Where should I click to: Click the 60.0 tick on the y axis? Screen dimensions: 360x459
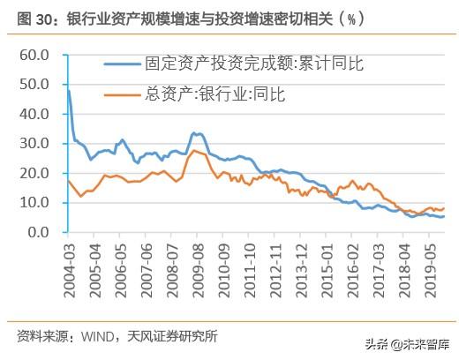33,56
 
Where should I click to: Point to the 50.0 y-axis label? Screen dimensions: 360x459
33,85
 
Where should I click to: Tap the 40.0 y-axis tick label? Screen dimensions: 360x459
33,115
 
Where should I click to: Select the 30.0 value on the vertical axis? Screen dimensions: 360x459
33,144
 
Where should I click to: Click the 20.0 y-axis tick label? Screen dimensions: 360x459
33,174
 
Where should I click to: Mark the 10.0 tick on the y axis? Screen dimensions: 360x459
33,203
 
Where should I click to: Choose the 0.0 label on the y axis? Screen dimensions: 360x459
36,233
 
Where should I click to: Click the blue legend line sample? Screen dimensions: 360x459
123,64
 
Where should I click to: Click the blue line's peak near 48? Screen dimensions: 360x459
68,91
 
